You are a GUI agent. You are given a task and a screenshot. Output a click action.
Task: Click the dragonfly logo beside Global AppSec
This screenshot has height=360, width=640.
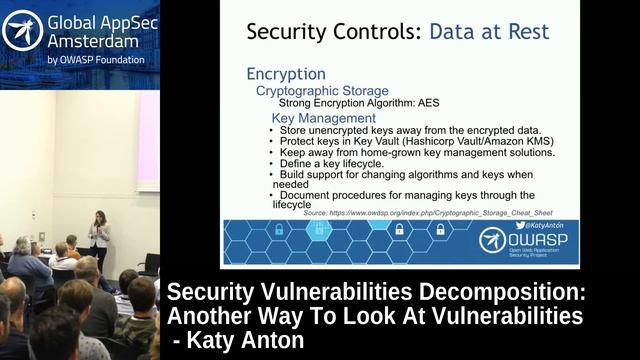click(22, 33)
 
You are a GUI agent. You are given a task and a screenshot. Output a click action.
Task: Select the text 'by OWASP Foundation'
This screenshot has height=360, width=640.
click(95, 60)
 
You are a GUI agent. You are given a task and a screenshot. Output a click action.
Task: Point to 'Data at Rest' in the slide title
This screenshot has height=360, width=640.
click(489, 31)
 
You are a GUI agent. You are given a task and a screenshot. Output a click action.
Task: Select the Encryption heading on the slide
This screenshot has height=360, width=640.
click(285, 74)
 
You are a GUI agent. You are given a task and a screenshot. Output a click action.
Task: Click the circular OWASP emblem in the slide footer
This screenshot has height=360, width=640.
click(494, 240)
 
